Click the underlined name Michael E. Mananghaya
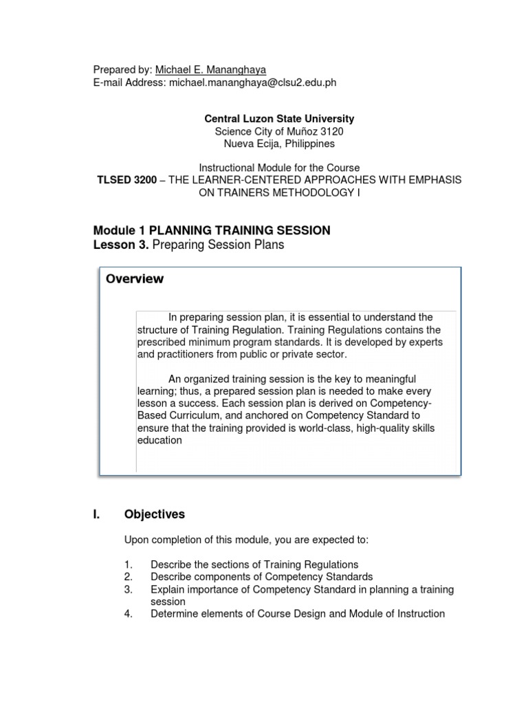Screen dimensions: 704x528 [x=210, y=69]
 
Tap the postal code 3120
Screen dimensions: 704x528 [x=332, y=131]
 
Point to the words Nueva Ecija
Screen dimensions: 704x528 [x=250, y=144]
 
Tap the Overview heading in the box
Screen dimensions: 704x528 [x=135, y=278]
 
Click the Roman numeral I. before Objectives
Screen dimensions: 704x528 [x=97, y=514]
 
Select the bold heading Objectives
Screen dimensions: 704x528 [x=155, y=514]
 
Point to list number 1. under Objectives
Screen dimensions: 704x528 [x=129, y=564]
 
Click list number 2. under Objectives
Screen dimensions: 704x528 [x=129, y=577]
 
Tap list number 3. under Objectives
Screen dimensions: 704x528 [x=129, y=589]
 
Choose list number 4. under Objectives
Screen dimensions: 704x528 [x=129, y=613]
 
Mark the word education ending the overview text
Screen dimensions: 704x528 [x=159, y=441]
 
